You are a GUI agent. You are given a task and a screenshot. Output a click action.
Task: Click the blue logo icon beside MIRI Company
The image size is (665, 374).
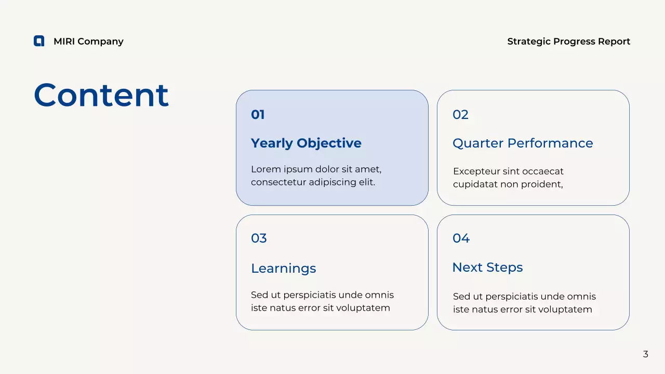pyautogui.click(x=39, y=41)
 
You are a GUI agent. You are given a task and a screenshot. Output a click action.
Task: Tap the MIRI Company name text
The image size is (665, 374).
pyautogui.click(x=88, y=42)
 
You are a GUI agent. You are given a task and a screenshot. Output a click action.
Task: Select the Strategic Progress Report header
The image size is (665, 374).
pyautogui.click(x=568, y=42)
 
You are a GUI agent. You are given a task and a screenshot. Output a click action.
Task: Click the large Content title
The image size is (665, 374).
pyautogui.click(x=101, y=96)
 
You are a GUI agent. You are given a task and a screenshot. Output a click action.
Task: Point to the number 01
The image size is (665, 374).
pyautogui.click(x=258, y=115)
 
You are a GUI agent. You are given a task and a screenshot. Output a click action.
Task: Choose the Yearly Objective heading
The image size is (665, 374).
pyautogui.click(x=306, y=143)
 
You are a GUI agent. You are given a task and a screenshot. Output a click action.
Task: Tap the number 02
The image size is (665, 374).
pyautogui.click(x=460, y=115)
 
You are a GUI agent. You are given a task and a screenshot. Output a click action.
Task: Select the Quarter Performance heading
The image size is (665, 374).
pyautogui.click(x=523, y=143)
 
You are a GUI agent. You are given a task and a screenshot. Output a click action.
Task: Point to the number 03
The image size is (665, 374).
pyautogui.click(x=259, y=238)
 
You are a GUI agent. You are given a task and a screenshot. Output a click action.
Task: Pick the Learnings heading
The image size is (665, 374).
pyautogui.click(x=283, y=269)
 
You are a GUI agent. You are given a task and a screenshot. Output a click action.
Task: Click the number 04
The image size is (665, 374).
pyautogui.click(x=461, y=238)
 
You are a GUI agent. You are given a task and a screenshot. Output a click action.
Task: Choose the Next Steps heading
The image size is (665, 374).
pyautogui.click(x=487, y=268)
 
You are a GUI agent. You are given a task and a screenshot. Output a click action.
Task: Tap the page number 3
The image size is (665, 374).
pyautogui.click(x=646, y=354)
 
